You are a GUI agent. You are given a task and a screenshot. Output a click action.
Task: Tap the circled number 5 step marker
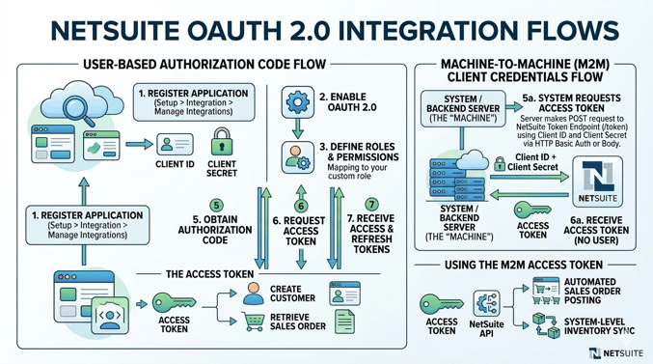coord(215,206)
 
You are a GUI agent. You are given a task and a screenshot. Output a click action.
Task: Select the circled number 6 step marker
coord(301,206)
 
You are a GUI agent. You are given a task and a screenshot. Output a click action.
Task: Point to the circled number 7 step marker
coord(371,206)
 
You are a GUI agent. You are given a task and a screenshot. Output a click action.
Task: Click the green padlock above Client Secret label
coord(222,143)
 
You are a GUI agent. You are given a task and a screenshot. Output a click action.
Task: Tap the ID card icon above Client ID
coord(175,145)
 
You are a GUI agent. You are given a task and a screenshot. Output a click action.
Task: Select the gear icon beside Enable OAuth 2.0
coord(297,100)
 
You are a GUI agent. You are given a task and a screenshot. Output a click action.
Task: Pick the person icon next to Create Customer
coord(254,294)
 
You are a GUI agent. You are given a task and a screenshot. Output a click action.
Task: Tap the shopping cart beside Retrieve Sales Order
coord(255,323)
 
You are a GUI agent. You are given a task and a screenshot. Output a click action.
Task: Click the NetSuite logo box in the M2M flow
coord(600,182)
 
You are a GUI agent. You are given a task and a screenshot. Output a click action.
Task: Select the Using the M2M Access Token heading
coord(524,265)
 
